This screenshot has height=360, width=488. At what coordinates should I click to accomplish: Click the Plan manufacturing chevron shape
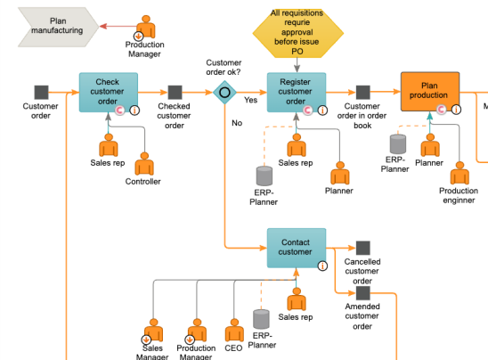[58, 27]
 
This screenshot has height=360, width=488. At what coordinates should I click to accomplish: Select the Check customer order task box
[109, 92]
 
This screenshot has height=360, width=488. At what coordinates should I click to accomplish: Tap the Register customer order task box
[297, 92]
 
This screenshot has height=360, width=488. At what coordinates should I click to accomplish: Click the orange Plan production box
[430, 92]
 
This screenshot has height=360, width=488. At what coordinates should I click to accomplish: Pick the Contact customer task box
[297, 248]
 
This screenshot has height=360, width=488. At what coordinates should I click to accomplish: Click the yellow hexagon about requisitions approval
[297, 33]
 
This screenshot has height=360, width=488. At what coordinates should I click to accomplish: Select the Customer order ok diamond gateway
[224, 93]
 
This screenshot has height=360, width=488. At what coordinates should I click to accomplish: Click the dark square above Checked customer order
[175, 92]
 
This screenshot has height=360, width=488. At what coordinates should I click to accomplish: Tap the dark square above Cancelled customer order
[363, 248]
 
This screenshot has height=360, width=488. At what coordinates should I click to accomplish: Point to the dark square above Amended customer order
[363, 293]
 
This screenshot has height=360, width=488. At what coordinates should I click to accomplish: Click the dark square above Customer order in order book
[363, 92]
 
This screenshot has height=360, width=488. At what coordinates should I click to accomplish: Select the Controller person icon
[144, 164]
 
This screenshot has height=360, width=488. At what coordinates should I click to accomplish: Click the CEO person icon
[234, 330]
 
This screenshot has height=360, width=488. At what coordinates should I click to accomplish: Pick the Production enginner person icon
[460, 173]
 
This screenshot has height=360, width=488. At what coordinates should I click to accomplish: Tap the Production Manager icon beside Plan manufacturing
[145, 28]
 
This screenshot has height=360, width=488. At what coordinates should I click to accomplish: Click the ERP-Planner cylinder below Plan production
[398, 144]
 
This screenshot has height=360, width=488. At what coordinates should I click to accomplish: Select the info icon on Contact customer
[322, 266]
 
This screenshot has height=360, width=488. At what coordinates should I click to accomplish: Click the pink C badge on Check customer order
[119, 110]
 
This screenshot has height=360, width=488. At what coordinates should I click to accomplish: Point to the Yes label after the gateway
[250, 100]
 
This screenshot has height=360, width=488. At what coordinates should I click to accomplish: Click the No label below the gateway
[237, 123]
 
